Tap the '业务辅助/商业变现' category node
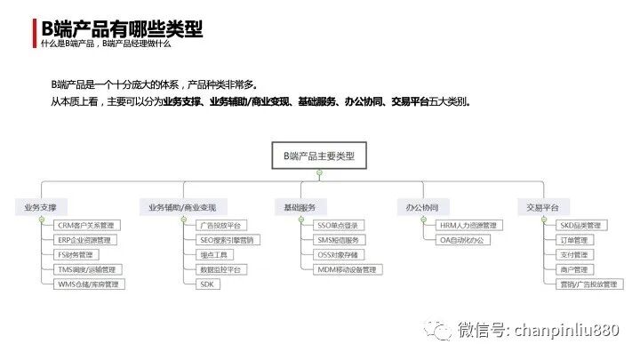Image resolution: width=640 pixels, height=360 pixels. tap(176, 207)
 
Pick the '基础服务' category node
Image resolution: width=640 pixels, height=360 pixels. tap(300, 207)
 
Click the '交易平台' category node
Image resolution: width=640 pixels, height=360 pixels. tap(542, 207)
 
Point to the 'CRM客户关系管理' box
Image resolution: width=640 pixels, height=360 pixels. tap(85, 226)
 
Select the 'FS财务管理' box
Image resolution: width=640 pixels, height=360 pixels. tap(74, 255)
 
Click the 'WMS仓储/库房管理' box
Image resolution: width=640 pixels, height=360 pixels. tap(90, 284)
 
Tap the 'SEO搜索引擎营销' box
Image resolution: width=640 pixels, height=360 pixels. tap(226, 240)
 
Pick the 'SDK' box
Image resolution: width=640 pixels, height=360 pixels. tap(207, 284)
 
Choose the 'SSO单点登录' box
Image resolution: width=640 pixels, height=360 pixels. tap(337, 226)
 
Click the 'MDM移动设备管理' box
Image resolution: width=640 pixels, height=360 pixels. tap(347, 269)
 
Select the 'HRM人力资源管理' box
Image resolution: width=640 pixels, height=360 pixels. tap(468, 226)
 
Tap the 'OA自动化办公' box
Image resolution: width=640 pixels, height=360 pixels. tap(463, 240)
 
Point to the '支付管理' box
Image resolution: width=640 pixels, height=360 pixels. tap(572, 255)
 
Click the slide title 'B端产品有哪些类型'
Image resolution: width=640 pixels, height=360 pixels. tap(123, 29)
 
